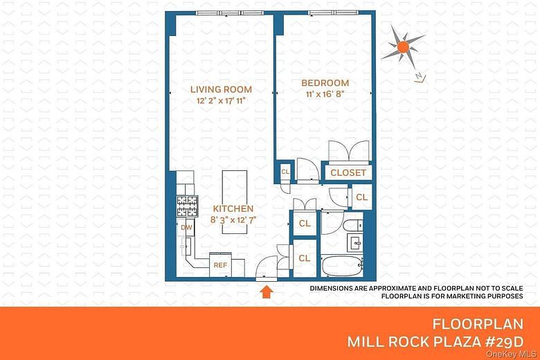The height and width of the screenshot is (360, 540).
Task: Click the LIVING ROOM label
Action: point(222,89)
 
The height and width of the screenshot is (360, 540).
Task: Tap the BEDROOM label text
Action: point(325,83)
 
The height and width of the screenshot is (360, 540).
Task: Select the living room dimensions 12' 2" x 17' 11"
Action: point(222,101)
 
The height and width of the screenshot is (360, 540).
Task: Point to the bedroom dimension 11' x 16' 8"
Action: point(325,95)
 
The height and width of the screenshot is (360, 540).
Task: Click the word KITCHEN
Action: point(233,208)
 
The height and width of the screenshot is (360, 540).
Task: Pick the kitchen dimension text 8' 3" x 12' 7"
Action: point(233,219)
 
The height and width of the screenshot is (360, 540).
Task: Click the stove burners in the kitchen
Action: point(186,206)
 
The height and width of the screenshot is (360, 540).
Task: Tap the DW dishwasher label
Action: point(186,227)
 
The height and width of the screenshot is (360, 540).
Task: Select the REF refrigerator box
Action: point(220,264)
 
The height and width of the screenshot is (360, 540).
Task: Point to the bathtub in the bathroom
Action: point(342,264)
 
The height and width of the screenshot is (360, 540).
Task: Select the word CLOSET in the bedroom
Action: point(348,172)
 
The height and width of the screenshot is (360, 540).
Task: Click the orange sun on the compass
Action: point(403,47)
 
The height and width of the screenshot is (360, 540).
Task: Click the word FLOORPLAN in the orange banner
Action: point(477,324)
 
